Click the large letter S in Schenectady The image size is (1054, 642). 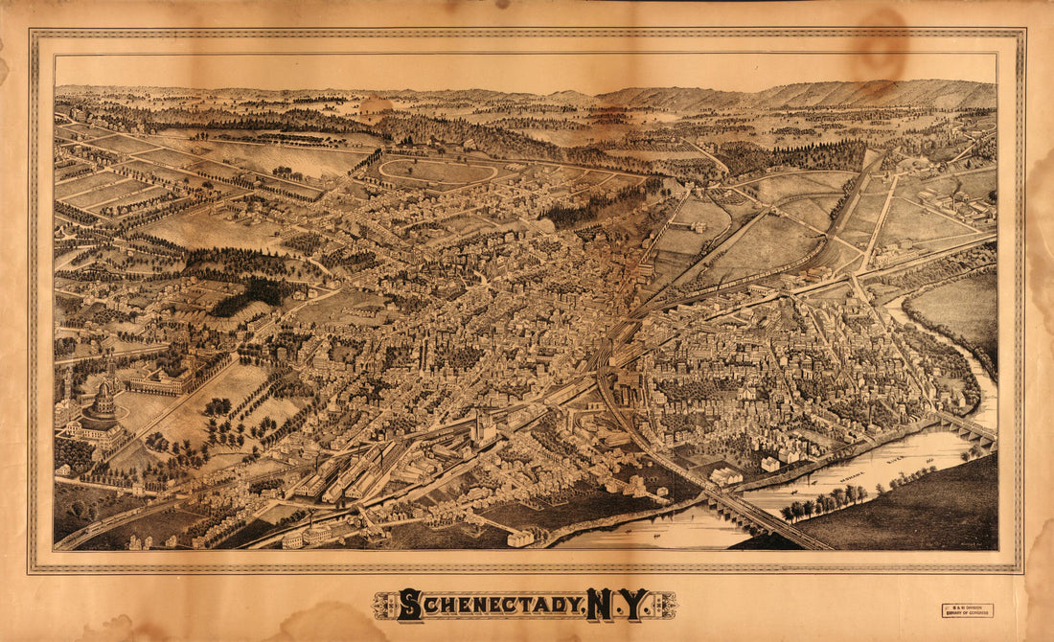coord(409,604)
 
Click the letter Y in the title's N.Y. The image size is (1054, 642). coord(635,604)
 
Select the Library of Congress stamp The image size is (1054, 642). coord(967,610)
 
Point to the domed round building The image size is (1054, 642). coord(102,401)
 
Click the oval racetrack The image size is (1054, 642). coord(438,172)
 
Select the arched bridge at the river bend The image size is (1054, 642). coord(966,427)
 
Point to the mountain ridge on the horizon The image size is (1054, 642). coord(862,94)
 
